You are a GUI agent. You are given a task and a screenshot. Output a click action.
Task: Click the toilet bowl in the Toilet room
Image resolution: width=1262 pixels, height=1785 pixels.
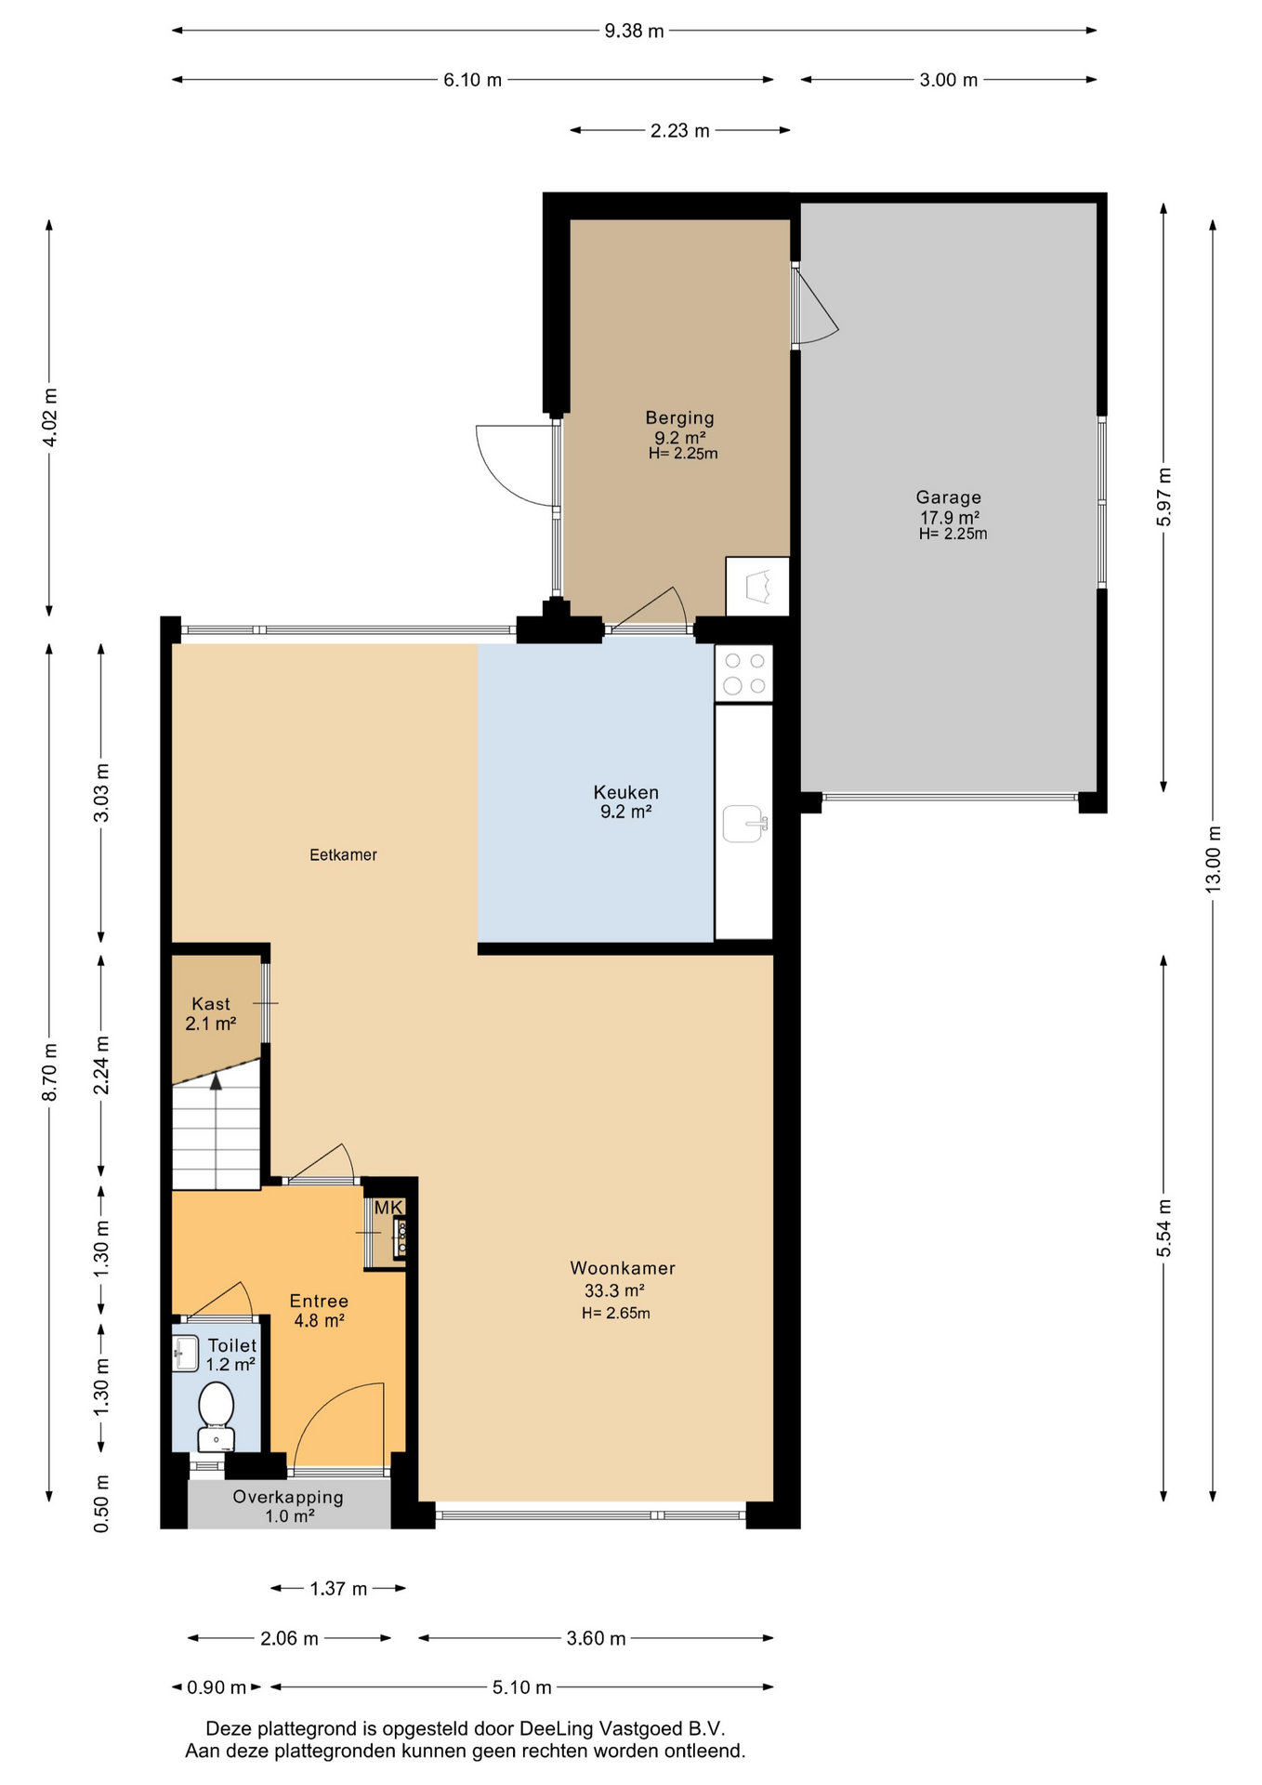217,1416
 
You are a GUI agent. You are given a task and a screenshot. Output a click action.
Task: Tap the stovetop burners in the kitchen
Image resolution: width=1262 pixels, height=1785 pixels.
744,673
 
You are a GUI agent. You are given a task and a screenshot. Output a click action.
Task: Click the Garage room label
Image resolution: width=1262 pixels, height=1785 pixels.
949,497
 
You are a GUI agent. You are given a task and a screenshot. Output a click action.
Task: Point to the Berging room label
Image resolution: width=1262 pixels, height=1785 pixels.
680,418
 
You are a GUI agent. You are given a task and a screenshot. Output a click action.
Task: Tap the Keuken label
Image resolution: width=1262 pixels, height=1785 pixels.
626,792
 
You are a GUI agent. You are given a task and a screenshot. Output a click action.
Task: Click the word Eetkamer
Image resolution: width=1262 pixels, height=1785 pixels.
343,854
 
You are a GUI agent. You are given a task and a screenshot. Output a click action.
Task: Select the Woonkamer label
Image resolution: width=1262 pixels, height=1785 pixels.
623,1268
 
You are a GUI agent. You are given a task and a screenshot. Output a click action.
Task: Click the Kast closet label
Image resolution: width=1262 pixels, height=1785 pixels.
211,1004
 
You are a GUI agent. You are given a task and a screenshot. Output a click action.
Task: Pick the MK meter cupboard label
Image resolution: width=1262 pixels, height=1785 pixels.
388,1208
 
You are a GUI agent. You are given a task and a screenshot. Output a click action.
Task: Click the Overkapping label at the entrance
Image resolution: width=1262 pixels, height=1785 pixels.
288,1497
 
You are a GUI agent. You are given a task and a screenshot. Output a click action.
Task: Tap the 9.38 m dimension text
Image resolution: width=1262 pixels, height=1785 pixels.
635,31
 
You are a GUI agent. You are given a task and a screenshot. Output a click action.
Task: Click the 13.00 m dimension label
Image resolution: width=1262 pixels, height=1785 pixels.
1214,859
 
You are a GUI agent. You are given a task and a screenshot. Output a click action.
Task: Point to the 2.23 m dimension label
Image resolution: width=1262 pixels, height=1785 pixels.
680,130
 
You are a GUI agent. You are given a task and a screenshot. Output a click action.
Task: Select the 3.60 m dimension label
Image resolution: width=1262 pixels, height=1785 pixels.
596,1638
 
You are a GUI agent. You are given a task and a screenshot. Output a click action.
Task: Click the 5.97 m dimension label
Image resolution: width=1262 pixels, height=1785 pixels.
1163,497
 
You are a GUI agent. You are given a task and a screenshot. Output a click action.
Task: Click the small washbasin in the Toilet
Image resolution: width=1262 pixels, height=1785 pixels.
186,1354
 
